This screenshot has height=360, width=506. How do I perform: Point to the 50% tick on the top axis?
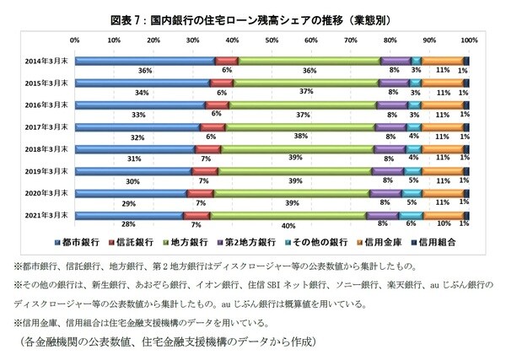pyautogui.click(x=272, y=40)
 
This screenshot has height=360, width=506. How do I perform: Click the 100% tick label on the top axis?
pyautogui.click(x=469, y=40)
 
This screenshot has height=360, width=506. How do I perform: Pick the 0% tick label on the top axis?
pyautogui.click(x=75, y=40)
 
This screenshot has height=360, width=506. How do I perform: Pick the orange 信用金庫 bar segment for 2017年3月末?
pyautogui.click(x=442, y=127)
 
